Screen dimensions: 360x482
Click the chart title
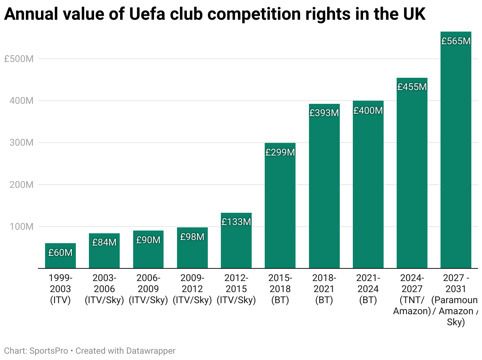(x=215, y=15)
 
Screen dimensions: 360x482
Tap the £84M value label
(x=104, y=242)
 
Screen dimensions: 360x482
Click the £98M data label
(x=192, y=237)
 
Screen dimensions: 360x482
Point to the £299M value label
(x=280, y=152)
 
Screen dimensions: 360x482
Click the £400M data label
(x=368, y=111)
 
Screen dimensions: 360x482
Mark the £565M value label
(x=456, y=41)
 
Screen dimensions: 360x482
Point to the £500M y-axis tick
(x=19, y=59)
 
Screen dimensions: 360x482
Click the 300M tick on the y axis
(x=21, y=142)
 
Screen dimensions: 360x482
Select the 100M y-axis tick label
(x=21, y=227)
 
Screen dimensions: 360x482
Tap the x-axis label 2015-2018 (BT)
(x=280, y=289)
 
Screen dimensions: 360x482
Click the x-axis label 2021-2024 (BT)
(x=368, y=289)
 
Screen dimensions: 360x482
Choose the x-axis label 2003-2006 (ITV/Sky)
(x=104, y=289)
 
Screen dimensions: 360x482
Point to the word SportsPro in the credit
(x=49, y=351)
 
